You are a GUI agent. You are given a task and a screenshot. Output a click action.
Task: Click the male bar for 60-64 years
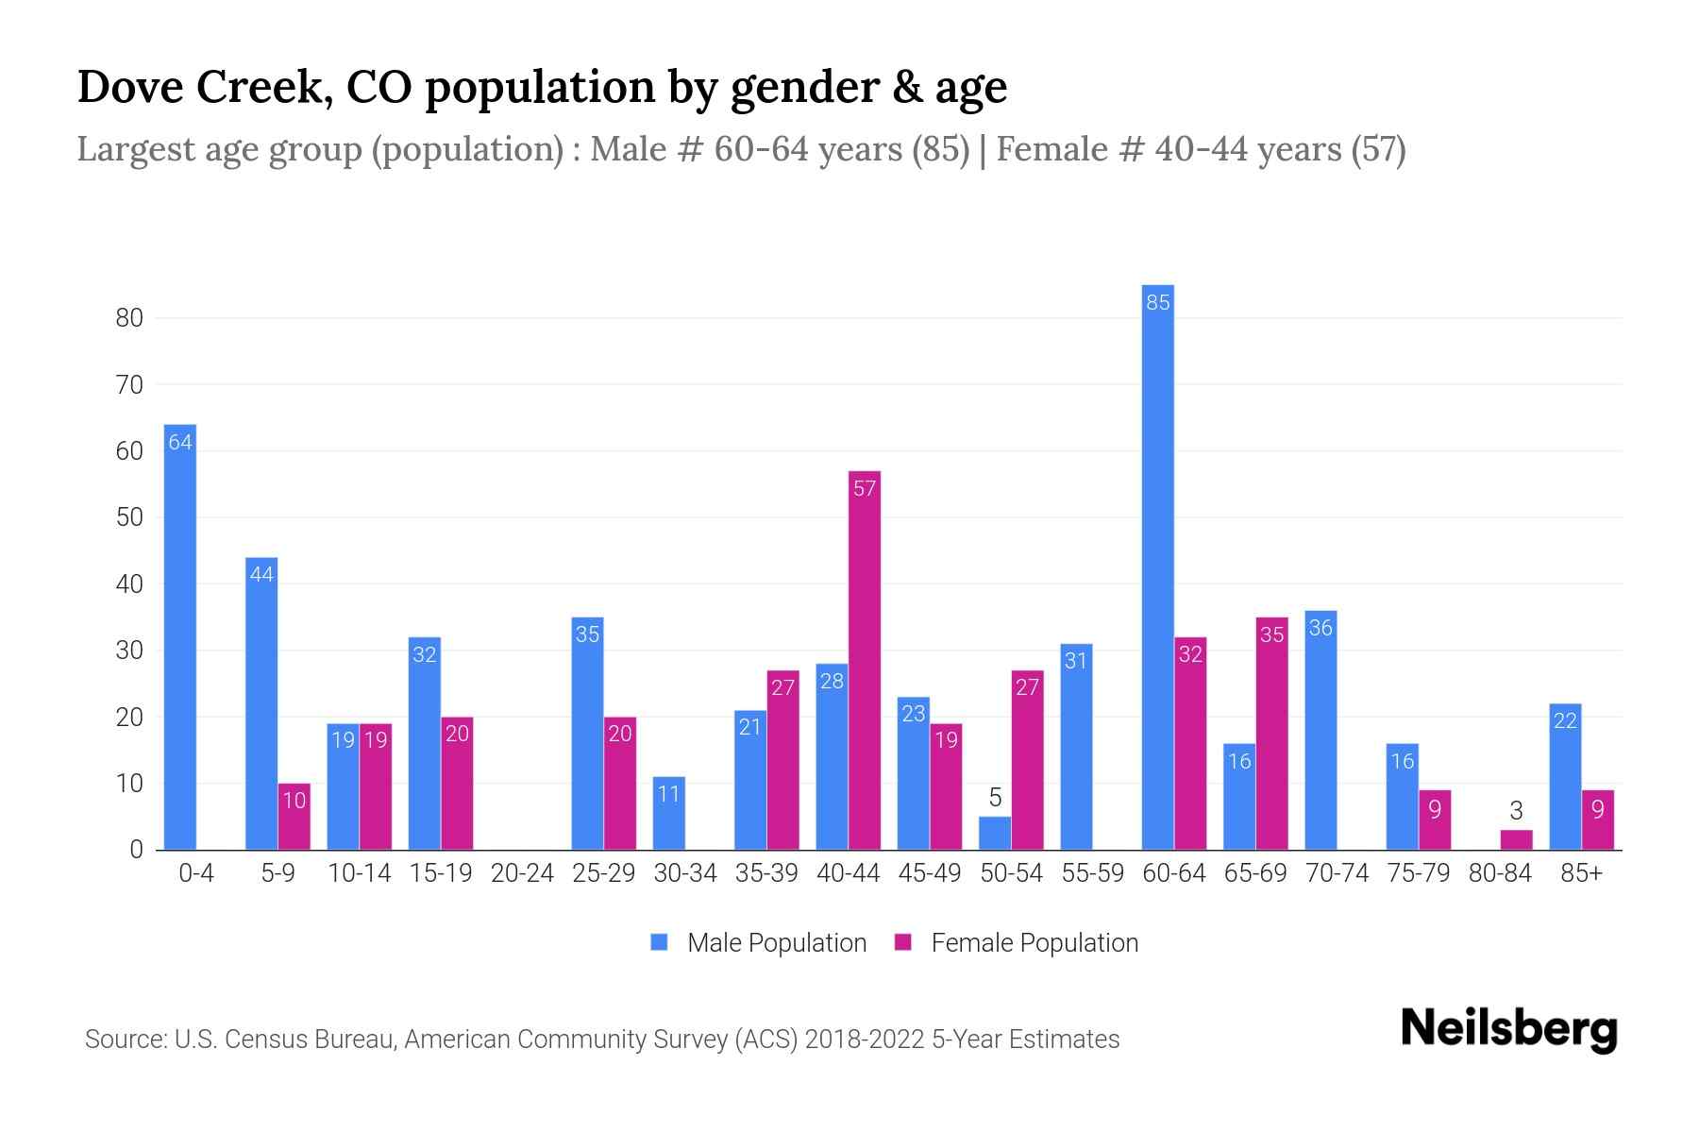pyautogui.click(x=1157, y=566)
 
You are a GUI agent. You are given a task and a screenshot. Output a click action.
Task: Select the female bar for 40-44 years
pyautogui.click(x=865, y=661)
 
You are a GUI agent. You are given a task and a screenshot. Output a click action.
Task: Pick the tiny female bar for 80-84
pyautogui.click(x=1516, y=840)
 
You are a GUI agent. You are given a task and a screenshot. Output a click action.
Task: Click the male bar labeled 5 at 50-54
pyautogui.click(x=995, y=834)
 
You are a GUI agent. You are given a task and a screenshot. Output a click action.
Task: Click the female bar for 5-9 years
pyautogui.click(x=294, y=817)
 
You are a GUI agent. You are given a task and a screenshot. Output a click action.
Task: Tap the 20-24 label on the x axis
pyautogui.click(x=522, y=873)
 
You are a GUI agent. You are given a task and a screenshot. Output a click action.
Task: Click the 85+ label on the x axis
pyautogui.click(x=1581, y=873)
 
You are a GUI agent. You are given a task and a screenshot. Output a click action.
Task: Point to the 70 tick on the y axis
pyautogui.click(x=129, y=385)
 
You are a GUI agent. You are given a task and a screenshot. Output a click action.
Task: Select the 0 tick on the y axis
pyautogui.click(x=136, y=850)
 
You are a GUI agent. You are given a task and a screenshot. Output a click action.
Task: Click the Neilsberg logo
pyautogui.click(x=1508, y=1029)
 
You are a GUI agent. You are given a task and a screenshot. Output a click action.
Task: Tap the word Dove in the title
pyautogui.click(x=131, y=87)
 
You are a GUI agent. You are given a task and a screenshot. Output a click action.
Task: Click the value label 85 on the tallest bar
pyautogui.click(x=1157, y=303)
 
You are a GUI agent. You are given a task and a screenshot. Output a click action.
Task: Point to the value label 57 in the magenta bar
pyautogui.click(x=865, y=489)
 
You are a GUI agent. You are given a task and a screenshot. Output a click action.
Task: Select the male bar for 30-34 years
pyautogui.click(x=668, y=814)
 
